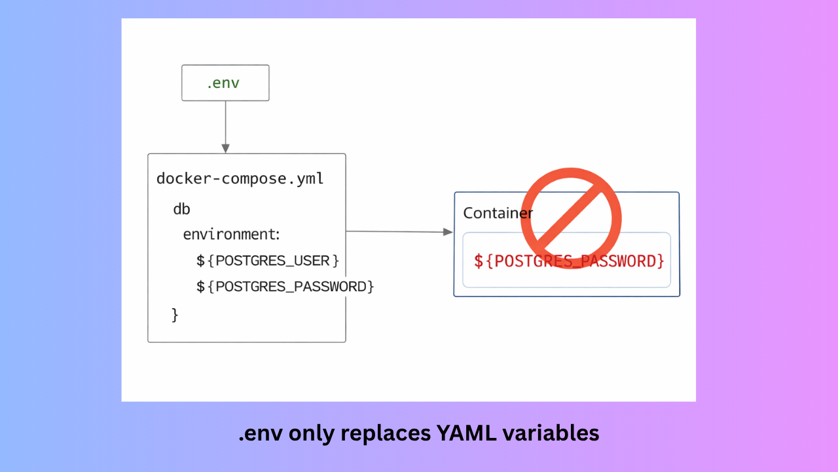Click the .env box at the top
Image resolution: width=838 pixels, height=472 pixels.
point(225,83)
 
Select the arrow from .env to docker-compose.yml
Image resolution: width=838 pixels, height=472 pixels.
point(225,125)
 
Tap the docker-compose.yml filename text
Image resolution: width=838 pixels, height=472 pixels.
point(240,178)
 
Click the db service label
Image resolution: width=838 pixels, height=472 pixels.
point(181,209)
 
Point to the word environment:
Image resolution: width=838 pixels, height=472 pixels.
point(231,235)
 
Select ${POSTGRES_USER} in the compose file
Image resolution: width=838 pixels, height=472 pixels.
point(268,261)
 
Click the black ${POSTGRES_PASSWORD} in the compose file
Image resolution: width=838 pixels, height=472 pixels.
point(285,286)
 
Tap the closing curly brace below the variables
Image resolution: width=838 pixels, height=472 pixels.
point(175,315)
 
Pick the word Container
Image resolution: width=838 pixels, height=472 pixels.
point(498,213)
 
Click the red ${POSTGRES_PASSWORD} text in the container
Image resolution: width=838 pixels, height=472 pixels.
point(569,261)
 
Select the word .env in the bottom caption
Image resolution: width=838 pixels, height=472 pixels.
point(261,433)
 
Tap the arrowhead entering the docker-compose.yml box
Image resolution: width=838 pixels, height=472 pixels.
point(225,148)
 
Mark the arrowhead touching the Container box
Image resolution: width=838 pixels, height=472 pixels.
point(448,232)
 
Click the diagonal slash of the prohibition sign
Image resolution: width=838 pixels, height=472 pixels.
point(571,218)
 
